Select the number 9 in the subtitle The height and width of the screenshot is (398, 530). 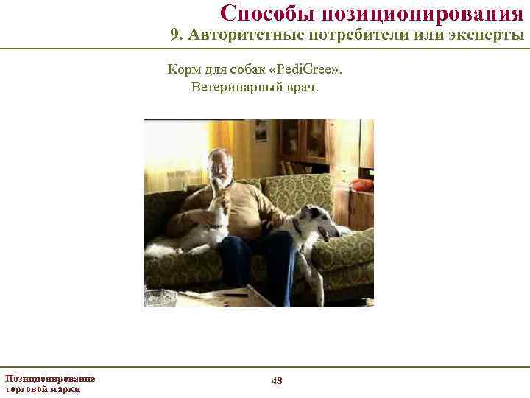point(174,35)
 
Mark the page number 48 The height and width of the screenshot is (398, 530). point(277,380)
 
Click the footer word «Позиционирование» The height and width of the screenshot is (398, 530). point(50,378)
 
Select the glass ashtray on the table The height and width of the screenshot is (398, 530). point(160,298)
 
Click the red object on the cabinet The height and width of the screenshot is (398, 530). point(361,184)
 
